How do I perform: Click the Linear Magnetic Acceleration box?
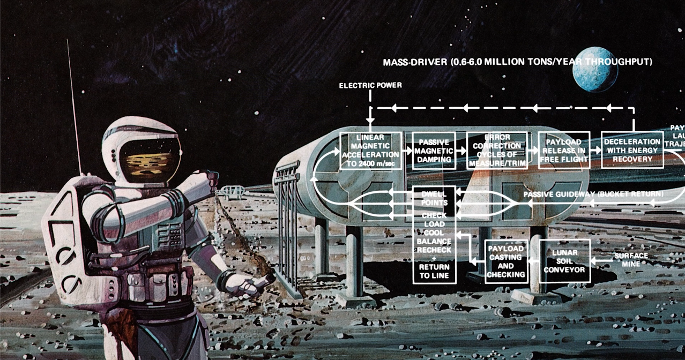coord(370,150)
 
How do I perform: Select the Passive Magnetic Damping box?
coord(434,151)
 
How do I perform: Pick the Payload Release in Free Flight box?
coord(564,150)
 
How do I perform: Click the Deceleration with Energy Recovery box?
coord(632,150)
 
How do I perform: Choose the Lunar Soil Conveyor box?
coord(564,260)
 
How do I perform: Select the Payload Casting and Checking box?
coord(506,261)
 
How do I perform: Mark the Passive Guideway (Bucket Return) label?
coord(593,193)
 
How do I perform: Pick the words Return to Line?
coord(434,271)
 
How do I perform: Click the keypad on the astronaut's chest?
coord(170,234)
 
